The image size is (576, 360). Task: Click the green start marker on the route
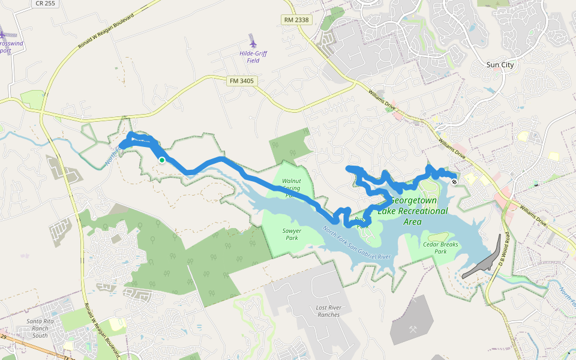pos(162,160)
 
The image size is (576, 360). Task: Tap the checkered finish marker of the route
pos(454,176)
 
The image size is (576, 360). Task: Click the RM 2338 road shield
pos(296,20)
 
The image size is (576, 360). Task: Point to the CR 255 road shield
pos(46,3)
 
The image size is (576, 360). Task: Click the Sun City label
pos(500,64)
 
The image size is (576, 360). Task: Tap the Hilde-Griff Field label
pos(253,57)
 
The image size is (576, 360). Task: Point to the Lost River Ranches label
pos(328,311)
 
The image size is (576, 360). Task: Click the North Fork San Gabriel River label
pos(357,244)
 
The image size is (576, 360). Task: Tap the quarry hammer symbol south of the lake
pos(413,329)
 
